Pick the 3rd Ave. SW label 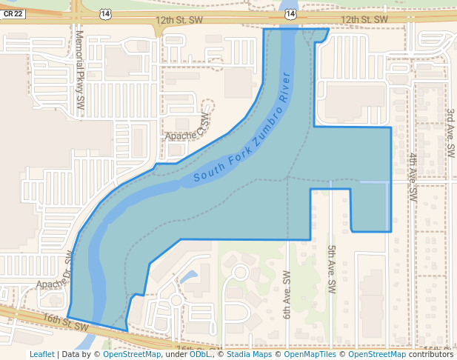pos(450,133)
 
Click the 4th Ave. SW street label pos(413,178)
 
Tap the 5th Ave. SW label pos(332,270)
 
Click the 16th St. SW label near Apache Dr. pos(65,321)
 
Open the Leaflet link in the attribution pos(41,354)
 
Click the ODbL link pos(199,354)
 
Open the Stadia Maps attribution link pos(249,354)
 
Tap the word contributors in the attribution pos(431,354)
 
